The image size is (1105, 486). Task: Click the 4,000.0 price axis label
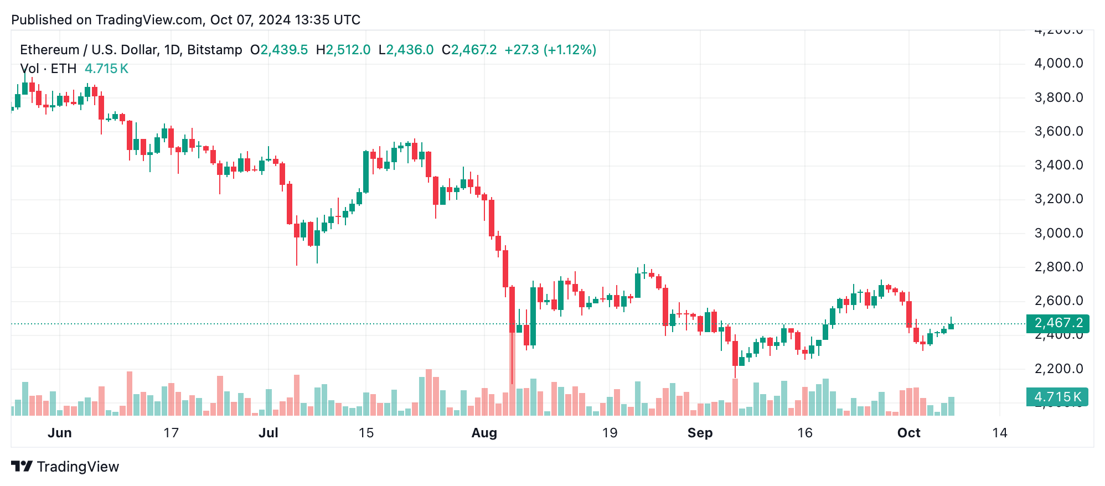click(x=1058, y=63)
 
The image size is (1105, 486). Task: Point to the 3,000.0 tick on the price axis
click(x=1058, y=233)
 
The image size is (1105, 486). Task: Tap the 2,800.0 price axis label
click(x=1058, y=267)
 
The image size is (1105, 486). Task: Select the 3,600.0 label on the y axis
click(x=1058, y=131)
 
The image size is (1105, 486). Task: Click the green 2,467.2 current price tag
click(x=1057, y=323)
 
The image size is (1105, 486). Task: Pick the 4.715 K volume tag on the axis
click(x=1057, y=397)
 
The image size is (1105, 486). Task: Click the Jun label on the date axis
click(x=60, y=433)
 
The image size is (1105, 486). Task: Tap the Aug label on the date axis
click(x=484, y=433)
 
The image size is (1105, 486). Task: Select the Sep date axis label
click(x=700, y=433)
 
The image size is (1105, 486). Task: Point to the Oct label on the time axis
click(x=908, y=433)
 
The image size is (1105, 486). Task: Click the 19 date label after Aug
click(x=610, y=433)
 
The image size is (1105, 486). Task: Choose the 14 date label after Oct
click(x=999, y=433)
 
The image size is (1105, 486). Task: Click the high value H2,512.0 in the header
click(x=343, y=50)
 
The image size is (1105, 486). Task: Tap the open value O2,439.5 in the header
click(x=279, y=50)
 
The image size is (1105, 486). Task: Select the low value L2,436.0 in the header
click(x=406, y=50)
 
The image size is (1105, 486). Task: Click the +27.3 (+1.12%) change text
click(x=550, y=50)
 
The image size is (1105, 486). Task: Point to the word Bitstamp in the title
click(x=215, y=50)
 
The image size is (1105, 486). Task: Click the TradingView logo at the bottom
click(x=65, y=467)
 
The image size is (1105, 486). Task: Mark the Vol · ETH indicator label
click(x=48, y=69)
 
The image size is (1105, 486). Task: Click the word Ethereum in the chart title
click(x=50, y=50)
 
